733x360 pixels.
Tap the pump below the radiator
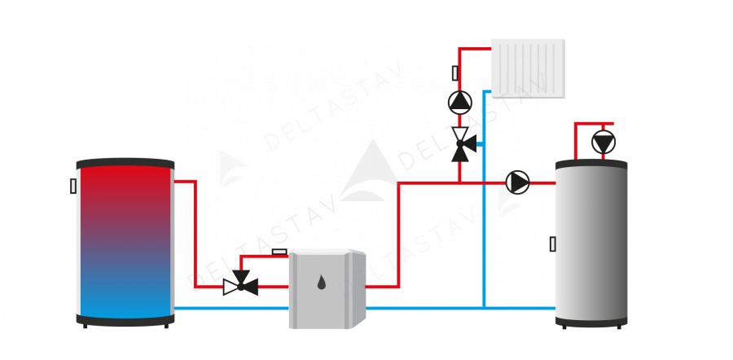pyautogui.click(x=460, y=102)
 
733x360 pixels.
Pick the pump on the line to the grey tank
pyautogui.click(x=517, y=182)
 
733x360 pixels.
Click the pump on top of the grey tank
pyautogui.click(x=604, y=143)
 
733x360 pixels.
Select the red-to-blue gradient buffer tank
pyautogui.click(x=125, y=240)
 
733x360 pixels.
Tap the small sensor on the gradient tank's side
pyautogui.click(x=73, y=186)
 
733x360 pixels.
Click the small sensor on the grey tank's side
pyautogui.click(x=553, y=243)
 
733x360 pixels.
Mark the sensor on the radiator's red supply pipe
pyautogui.click(x=454, y=73)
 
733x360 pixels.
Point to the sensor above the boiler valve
pyautogui.click(x=279, y=252)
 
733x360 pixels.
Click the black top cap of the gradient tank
pyautogui.click(x=125, y=162)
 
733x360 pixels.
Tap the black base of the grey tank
pyautogui.click(x=591, y=323)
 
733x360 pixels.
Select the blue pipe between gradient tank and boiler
pyautogui.click(x=231, y=308)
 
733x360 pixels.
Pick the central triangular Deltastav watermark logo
pyautogui.click(x=367, y=171)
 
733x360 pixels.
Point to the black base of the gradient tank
pyautogui.click(x=125, y=320)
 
